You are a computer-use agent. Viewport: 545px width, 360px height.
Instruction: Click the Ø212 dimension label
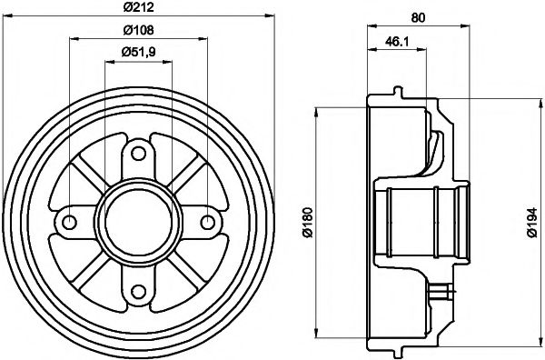138,7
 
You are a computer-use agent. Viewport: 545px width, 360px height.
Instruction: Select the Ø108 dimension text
138,30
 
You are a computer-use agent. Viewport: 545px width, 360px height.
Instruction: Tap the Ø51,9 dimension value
138,52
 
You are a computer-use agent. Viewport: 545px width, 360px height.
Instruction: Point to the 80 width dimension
418,17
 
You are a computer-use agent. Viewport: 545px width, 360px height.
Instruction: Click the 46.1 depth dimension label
397,42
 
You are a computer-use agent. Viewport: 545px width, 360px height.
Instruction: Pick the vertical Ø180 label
308,222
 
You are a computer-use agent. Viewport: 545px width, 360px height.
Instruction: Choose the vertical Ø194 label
532,222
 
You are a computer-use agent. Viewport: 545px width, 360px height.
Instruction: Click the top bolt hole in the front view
138,153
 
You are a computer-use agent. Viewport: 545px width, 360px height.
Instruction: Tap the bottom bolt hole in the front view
138,292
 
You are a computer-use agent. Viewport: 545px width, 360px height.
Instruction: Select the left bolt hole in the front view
69,222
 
